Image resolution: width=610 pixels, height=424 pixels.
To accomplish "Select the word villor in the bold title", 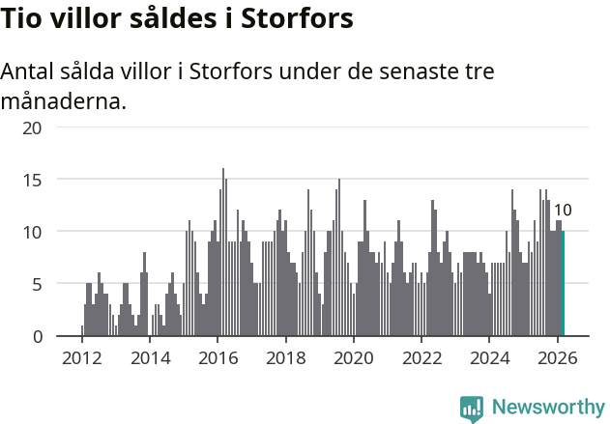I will coord(86,19).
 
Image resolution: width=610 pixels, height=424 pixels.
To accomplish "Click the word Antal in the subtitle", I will coord(30,72).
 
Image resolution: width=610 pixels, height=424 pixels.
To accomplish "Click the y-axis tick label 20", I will coord(32,127).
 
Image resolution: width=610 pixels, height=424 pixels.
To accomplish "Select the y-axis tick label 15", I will coord(32,180).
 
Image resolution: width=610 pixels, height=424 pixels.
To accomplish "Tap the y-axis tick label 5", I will coord(38,284).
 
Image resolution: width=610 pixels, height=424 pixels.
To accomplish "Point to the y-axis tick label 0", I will coord(38,336).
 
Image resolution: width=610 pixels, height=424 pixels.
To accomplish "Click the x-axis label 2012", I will coord(81,356).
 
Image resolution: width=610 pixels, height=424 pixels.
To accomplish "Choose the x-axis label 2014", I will coord(149,356).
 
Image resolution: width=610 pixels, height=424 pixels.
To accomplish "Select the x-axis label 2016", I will coord(218,356).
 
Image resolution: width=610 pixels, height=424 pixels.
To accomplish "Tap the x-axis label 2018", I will coord(285,356).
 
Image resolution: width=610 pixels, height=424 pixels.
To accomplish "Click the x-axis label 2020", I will coord(354,356).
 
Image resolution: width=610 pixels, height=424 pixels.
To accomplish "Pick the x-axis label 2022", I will coord(421,356).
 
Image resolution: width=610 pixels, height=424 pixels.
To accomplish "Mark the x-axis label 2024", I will coord(489,356).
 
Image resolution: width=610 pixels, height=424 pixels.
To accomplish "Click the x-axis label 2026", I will coord(558,356).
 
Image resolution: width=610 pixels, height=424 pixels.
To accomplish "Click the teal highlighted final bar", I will coord(563,284).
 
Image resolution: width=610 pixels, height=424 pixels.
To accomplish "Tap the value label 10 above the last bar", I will coord(563,211).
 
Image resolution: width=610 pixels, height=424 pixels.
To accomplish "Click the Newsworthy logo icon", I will coord(472,409).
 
